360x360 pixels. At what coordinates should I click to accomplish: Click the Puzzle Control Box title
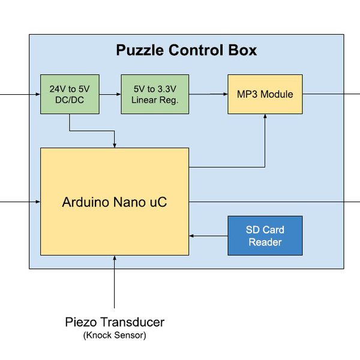(x=186, y=50)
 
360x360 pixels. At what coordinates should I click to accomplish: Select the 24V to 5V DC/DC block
(x=70, y=94)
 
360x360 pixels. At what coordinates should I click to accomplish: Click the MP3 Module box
(x=265, y=94)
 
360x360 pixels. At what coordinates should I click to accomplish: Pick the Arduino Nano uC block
(x=114, y=202)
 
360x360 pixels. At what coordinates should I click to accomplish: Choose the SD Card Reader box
(x=265, y=235)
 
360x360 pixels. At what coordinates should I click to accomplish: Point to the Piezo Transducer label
(x=114, y=322)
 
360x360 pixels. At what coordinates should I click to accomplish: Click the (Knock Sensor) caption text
(x=114, y=335)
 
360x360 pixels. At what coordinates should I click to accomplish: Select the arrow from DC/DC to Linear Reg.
(x=110, y=94)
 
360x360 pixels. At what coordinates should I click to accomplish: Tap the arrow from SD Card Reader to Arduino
(x=208, y=236)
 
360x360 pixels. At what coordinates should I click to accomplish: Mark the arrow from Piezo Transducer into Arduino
(x=114, y=282)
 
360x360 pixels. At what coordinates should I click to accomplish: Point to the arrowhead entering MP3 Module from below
(x=265, y=118)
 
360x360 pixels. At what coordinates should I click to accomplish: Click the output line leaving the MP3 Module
(x=330, y=94)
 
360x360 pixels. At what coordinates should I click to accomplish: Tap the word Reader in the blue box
(x=265, y=242)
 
